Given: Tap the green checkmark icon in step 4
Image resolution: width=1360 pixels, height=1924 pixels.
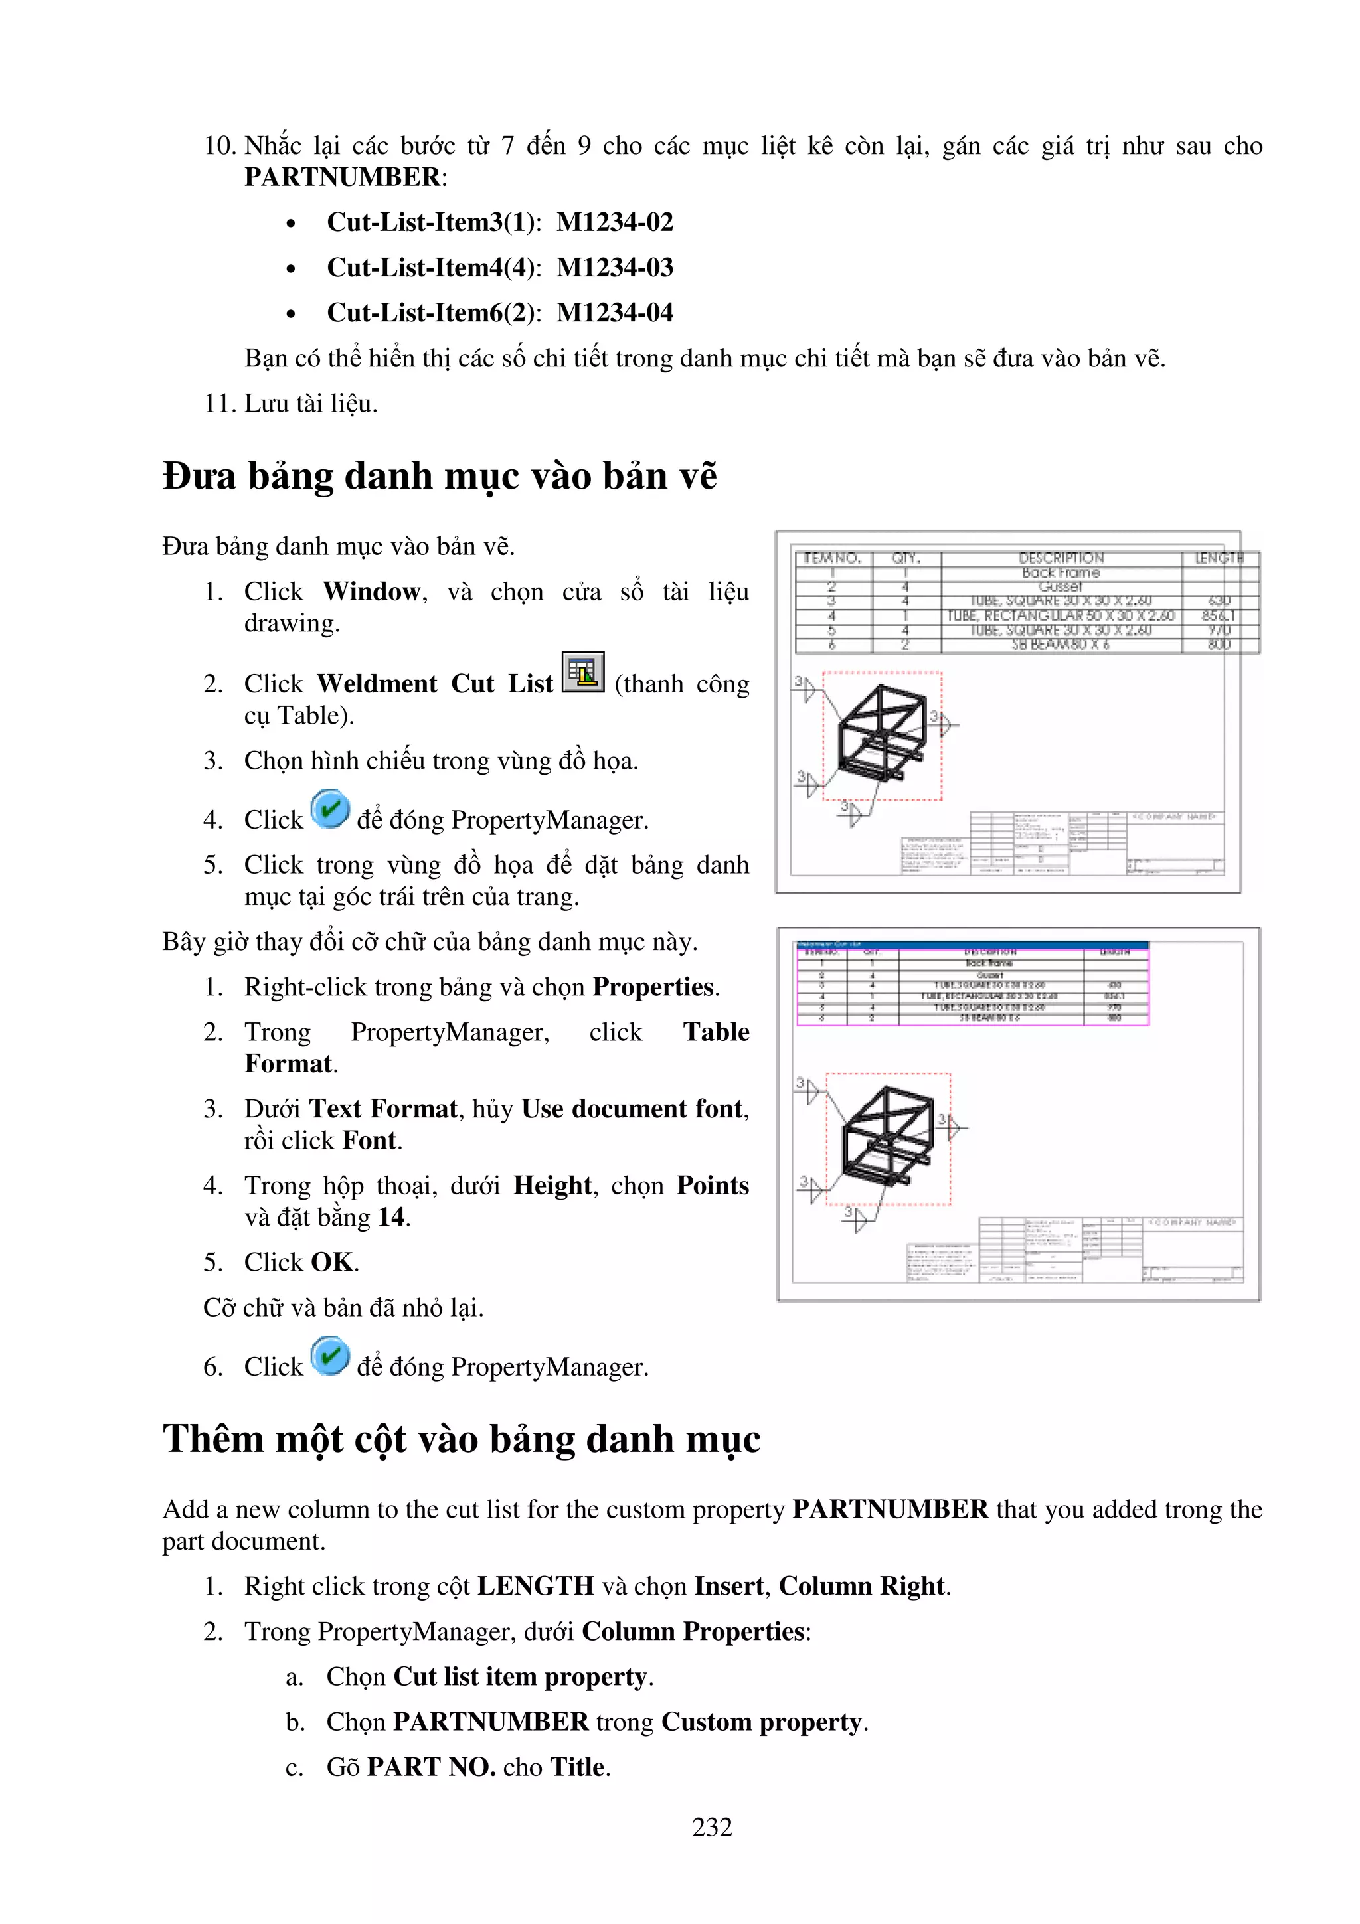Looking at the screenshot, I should (329, 809).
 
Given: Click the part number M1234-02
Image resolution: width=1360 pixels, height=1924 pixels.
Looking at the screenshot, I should (614, 222).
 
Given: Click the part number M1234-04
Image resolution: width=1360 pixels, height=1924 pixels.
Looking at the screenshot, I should (614, 313).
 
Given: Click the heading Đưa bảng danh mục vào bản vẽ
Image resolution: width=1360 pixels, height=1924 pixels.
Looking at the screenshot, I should (439, 476).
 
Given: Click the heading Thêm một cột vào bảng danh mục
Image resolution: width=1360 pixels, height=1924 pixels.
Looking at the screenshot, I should (461, 1439).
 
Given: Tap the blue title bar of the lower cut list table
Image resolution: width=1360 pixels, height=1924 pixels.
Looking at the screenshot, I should (972, 944).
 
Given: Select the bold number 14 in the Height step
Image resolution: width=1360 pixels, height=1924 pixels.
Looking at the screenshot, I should (391, 1217).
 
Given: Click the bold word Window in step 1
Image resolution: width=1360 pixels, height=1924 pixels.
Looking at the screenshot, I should (371, 592).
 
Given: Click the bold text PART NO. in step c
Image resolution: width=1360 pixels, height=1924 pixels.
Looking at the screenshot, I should (431, 1767).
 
